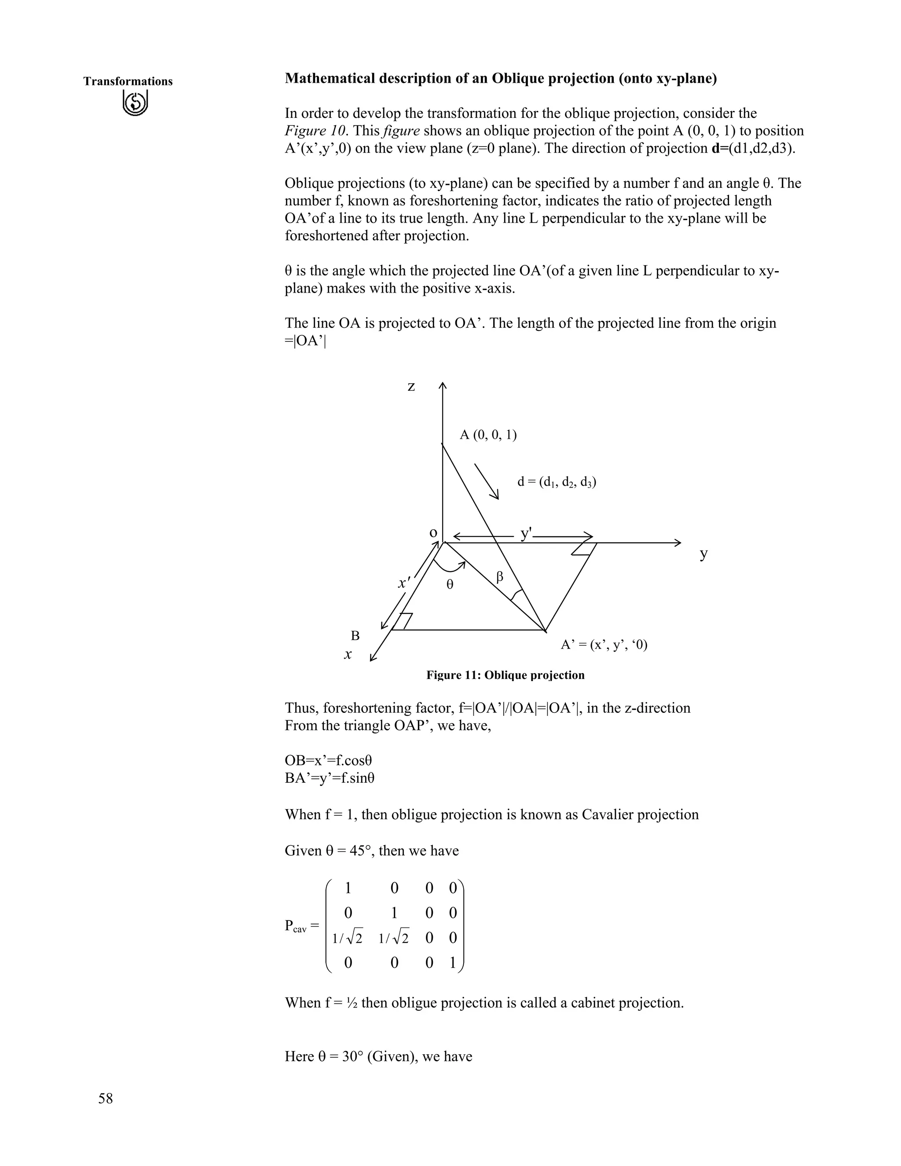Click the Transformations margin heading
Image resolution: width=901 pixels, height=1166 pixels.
coord(128,81)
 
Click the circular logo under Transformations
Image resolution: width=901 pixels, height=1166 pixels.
coord(135,103)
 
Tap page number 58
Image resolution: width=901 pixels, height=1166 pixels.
coord(105,1098)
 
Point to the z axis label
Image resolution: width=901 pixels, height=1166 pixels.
coord(411,386)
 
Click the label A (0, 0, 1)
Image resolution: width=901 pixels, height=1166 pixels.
coord(488,435)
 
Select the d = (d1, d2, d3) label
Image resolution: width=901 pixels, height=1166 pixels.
coord(557,482)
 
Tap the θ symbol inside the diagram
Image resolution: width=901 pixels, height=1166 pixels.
coord(450,585)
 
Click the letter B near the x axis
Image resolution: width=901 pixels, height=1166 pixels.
coord(355,636)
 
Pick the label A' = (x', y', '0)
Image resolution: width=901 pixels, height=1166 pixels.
coord(604,645)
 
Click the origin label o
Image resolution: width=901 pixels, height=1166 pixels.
coord(433,533)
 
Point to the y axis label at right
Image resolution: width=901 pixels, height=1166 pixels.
coord(703,554)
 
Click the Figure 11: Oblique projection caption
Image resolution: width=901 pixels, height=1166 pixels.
coord(505,675)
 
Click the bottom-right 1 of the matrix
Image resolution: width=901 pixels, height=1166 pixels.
coord(453,963)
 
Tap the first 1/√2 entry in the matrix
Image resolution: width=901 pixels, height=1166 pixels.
coord(347,938)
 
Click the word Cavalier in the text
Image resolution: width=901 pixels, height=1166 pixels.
coord(605,815)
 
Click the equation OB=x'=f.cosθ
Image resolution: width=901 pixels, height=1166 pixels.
coord(328,760)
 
